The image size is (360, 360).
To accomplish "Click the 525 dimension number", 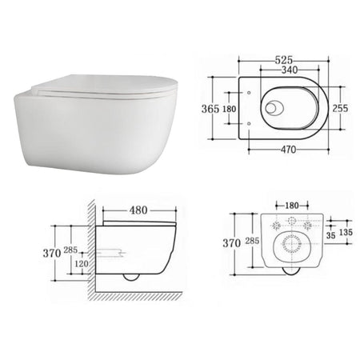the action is coord(283,60).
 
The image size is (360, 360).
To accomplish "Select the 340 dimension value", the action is coord(290,70).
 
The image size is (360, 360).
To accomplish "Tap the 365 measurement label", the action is coord(210,109).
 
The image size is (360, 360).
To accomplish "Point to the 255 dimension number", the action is coord(340,108).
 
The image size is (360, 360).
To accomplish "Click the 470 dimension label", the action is coord(288,150).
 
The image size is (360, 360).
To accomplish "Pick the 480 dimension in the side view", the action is coord(138,210).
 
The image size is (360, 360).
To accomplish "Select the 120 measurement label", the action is coord(82,264).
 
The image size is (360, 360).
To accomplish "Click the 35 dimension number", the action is coord(331,235).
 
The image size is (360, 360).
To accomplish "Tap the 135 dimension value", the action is coord(346,232).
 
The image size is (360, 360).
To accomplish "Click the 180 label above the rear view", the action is coord(292,206).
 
